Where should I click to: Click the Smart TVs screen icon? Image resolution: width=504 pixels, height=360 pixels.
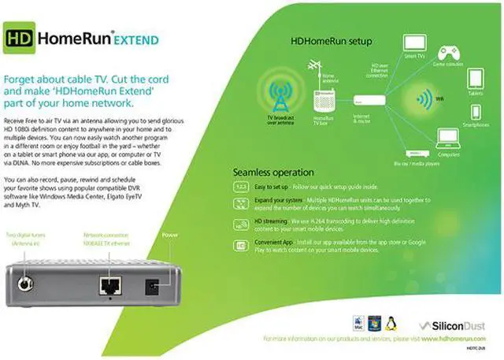(415, 44)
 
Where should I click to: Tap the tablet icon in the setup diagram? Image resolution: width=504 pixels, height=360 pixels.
(475, 79)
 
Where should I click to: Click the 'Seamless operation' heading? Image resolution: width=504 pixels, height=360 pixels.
(273, 172)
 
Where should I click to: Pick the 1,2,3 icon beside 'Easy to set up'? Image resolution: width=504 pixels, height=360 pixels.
(242, 187)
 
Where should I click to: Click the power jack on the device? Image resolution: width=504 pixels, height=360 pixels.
(165, 284)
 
